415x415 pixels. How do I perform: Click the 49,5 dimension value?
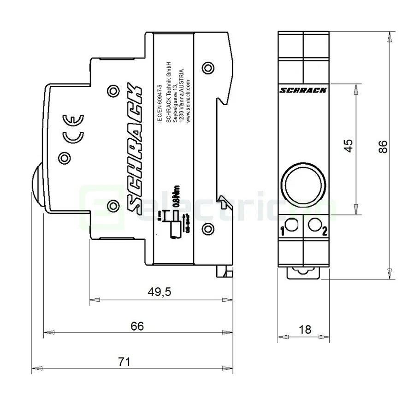[x=159, y=292]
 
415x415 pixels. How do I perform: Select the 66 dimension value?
[x=137, y=326]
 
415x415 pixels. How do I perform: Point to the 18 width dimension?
[x=305, y=329]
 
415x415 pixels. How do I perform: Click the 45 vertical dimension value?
[x=350, y=145]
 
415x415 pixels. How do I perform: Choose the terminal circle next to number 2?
[x=315, y=225]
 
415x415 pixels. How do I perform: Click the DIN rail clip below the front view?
[x=303, y=273]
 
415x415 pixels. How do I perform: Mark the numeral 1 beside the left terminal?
[x=282, y=231]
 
